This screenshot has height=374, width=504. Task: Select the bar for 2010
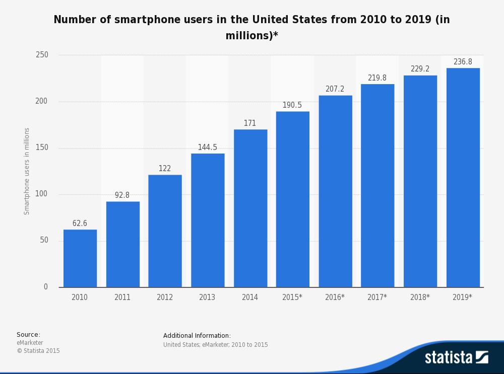pos(80,258)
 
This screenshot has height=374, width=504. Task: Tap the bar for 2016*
pos(335,191)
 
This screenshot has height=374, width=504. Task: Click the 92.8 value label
pos(122,195)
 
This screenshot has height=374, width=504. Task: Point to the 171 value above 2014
pos(250,123)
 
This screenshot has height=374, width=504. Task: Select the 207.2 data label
pos(335,89)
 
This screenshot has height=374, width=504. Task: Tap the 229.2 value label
pos(420,69)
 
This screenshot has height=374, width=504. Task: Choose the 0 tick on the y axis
pos(46,287)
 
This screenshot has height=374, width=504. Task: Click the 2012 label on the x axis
pos(165,297)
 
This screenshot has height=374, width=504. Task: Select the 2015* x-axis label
pos(292,297)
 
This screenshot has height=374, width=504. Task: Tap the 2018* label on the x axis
pos(420,297)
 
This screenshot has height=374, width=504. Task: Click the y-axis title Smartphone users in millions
pos(27,171)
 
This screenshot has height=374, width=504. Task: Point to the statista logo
pos(456,357)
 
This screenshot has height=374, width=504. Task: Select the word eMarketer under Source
pos(30,343)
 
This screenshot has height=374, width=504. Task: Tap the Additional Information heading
pos(197,336)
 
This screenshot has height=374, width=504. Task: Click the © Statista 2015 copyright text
pos(38,351)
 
